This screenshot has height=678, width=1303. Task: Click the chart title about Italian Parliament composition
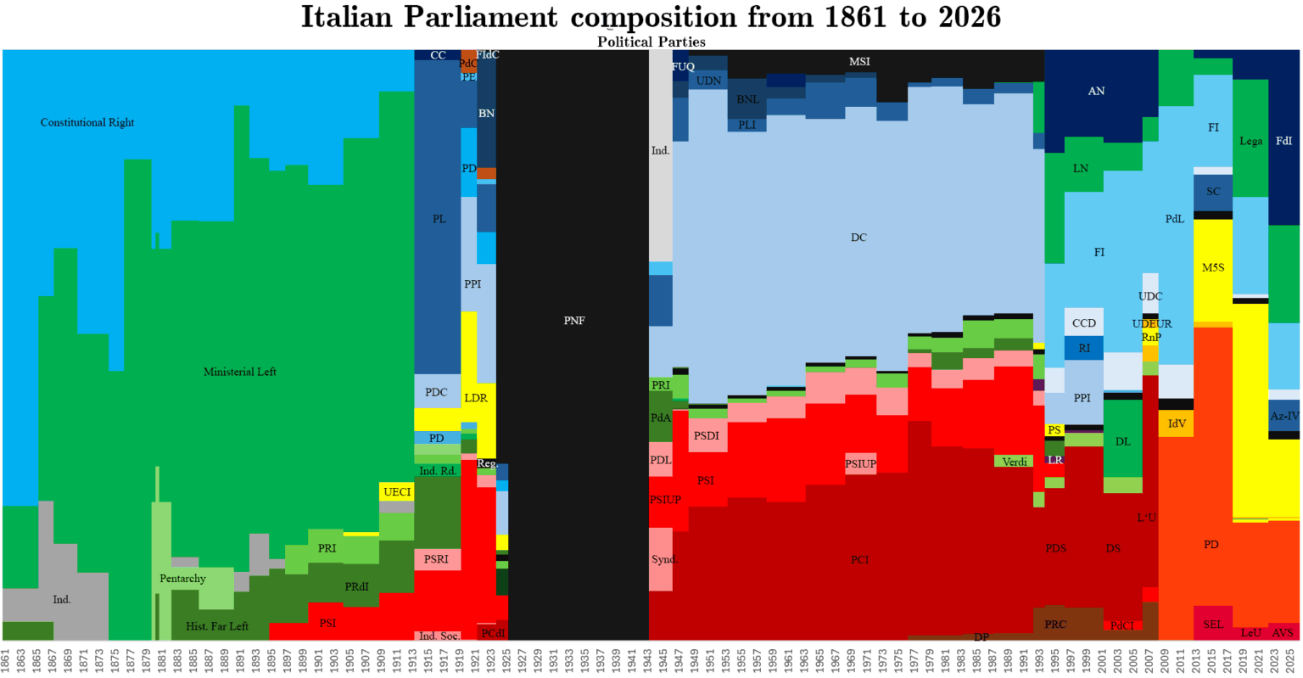tap(651, 17)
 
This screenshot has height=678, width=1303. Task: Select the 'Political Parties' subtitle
tap(651, 42)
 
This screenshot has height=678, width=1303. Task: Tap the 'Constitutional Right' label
tap(87, 122)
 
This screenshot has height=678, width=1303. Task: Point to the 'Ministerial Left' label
tap(240, 372)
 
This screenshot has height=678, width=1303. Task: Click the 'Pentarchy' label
tap(182, 579)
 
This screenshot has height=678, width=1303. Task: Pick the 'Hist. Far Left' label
tap(217, 626)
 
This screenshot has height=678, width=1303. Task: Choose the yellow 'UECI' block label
tap(397, 492)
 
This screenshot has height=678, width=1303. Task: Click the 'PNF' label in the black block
tap(574, 321)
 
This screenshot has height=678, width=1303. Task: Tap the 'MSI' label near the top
tap(859, 62)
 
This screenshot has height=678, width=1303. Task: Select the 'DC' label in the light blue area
tap(858, 238)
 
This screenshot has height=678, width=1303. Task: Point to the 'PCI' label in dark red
tap(859, 560)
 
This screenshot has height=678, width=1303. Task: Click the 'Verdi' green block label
tap(1015, 462)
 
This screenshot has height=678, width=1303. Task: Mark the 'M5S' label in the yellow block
tap(1213, 267)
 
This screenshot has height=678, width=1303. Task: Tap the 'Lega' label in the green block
tap(1250, 142)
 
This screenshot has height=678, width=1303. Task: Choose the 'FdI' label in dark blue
tap(1284, 142)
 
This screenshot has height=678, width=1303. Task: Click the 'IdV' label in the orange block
tap(1177, 424)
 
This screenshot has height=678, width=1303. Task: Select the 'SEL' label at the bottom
tap(1213, 625)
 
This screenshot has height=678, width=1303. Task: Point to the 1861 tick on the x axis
tap(6, 659)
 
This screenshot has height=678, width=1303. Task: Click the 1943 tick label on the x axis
tap(647, 659)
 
